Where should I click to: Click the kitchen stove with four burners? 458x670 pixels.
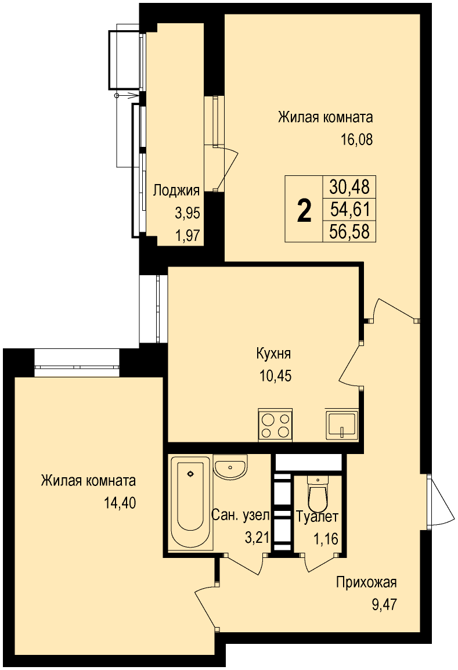pos(276,424)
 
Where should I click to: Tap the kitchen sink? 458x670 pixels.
pos(342,424)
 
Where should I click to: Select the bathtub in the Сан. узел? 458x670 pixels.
pos(190,504)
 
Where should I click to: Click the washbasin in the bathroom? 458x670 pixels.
pos(230,466)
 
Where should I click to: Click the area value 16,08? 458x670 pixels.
pos(357,139)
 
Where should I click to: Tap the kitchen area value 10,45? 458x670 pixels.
pos(276,376)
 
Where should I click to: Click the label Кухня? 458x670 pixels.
pos(273,354)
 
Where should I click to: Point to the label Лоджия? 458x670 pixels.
pos(176,190)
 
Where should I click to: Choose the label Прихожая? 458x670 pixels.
pos(366,582)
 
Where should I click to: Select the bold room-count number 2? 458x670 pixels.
pos(304,211)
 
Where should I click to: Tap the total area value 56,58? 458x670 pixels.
pos(349,232)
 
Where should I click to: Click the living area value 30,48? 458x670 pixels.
pos(349,186)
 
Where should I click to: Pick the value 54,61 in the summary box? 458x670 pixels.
pos(349,210)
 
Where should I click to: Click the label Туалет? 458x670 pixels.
pos(318,517)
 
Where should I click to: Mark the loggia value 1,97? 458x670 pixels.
pos(187,235)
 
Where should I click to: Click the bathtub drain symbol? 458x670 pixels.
pos(190,473)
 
